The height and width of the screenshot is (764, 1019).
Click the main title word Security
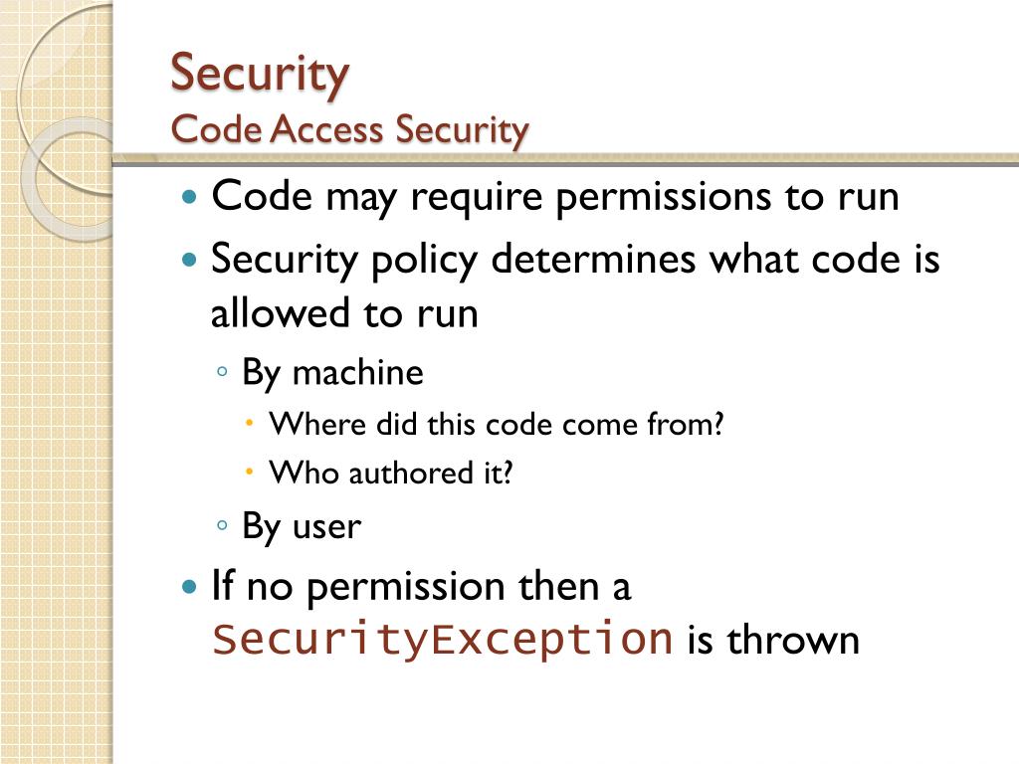pyautogui.click(x=260, y=74)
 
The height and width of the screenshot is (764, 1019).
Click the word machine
pyautogui.click(x=358, y=374)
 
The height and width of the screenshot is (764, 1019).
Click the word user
pyautogui.click(x=326, y=526)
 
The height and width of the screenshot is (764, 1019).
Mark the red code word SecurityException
pyautogui.click(x=442, y=639)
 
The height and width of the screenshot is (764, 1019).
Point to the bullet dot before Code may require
pyautogui.click(x=191, y=196)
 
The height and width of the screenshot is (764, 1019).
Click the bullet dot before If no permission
pyautogui.click(x=191, y=586)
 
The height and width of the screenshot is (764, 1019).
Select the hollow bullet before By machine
pyautogui.click(x=223, y=372)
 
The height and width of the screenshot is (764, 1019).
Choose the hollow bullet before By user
pyautogui.click(x=223, y=524)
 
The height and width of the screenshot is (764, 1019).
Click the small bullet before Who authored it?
pyautogui.click(x=250, y=472)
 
